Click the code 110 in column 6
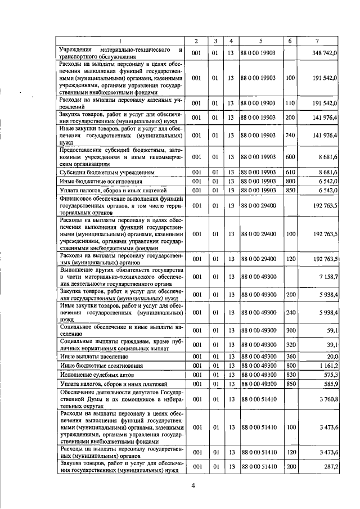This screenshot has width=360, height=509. click(290, 103)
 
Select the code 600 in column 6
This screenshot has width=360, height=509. click(290, 157)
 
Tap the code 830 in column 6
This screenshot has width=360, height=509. click(290, 374)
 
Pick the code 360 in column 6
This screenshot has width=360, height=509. click(290, 356)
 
